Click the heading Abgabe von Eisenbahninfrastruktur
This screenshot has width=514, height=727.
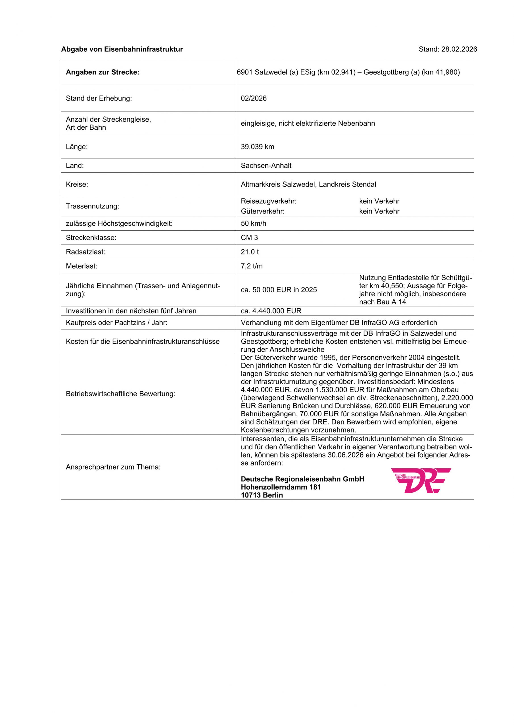pos(122,49)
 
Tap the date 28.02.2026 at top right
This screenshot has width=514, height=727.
pos(459,49)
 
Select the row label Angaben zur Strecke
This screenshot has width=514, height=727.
pos(103,72)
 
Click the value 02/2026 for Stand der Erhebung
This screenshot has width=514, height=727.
pos(254,99)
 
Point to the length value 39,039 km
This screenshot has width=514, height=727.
pos(258,147)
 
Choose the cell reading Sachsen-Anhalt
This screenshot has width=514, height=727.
pos(266,166)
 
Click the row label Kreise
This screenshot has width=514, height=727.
pos(77,184)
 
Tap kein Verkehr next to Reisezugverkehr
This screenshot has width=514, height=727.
pos(379,201)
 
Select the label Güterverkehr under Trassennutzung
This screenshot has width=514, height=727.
pos(263,212)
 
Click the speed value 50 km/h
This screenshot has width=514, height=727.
pos(253,223)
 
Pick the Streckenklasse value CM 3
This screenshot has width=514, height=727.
pos(249,238)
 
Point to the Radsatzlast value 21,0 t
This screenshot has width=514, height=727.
pos(250,252)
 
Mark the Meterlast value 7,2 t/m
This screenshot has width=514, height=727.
pos(252,266)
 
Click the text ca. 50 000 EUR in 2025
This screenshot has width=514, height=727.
pos(279,290)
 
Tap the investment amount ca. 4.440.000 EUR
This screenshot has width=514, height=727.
pos(271,311)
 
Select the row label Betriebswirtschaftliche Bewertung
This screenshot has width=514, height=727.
pos(120,394)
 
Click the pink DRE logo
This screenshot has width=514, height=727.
pos(421,481)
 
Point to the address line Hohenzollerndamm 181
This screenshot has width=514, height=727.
pos(281,487)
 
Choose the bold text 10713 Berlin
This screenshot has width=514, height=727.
pos(262,495)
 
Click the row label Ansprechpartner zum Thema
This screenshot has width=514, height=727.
pos(113,467)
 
